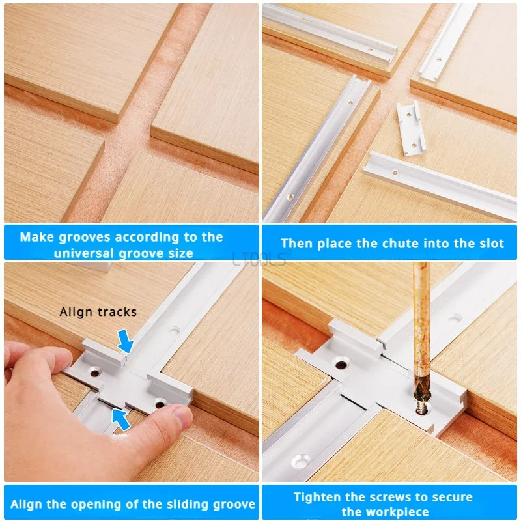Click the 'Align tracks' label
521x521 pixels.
click(x=98, y=312)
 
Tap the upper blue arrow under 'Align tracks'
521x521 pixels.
click(x=125, y=341)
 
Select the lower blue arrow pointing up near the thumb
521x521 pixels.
click(x=120, y=419)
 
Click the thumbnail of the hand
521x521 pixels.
click(x=182, y=416)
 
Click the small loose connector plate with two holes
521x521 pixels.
click(x=411, y=128)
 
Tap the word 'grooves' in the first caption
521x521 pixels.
click(x=85, y=237)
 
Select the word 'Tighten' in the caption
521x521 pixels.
click(x=318, y=497)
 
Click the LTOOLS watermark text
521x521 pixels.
click(x=259, y=259)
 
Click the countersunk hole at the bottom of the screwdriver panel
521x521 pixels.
click(x=301, y=461)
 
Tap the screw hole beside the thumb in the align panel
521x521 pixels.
click(x=160, y=404)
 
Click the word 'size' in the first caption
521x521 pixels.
click(x=181, y=253)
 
